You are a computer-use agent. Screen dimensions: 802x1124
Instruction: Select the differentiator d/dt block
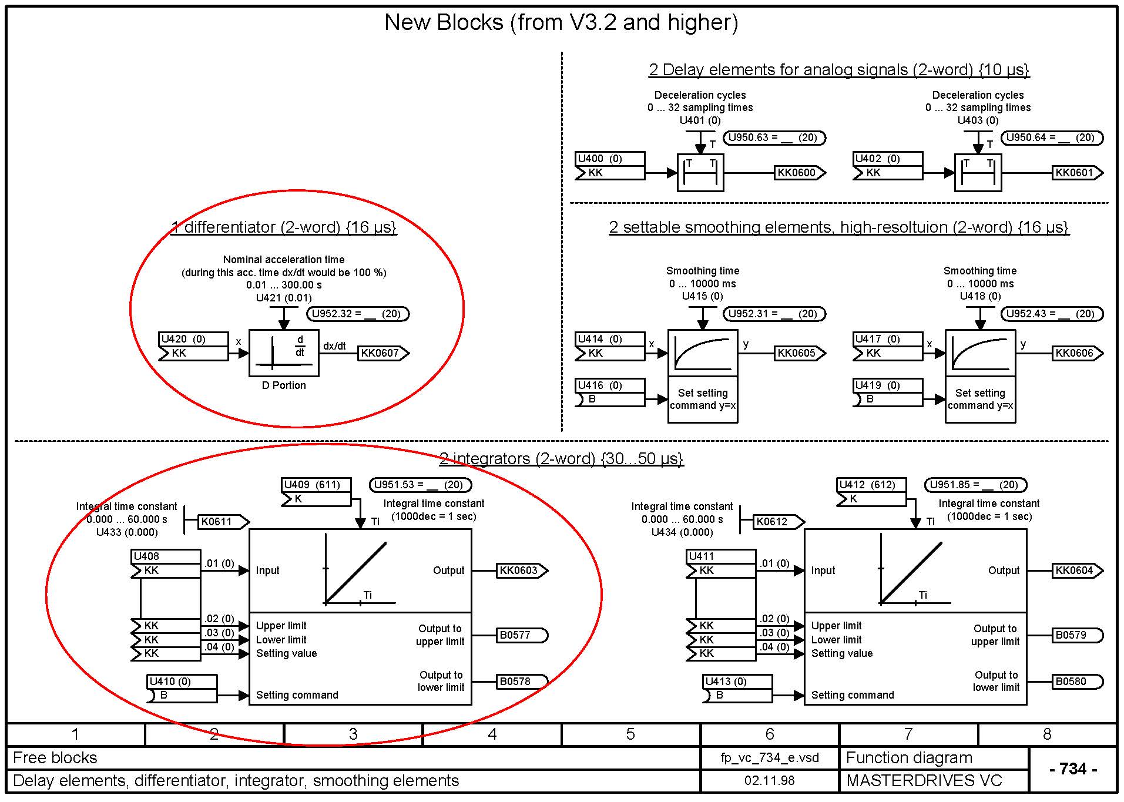coord(284,353)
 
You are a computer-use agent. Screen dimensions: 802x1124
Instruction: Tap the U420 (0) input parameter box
coord(193,346)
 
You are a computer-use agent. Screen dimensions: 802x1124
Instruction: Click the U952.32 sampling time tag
coord(357,314)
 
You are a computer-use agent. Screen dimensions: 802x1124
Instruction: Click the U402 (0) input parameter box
coord(887,166)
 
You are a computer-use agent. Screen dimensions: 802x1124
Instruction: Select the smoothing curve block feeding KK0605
coord(703,353)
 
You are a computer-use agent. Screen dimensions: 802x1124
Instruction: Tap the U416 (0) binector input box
coord(610,392)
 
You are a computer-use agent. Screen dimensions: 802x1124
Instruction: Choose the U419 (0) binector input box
coord(887,392)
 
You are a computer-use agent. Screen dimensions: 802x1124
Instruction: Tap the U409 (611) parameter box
coord(316,492)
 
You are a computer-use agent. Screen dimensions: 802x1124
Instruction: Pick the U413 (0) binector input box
coord(737,689)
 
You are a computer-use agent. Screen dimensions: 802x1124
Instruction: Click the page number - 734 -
coord(1073,769)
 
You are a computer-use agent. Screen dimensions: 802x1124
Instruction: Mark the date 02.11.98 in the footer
coord(769,781)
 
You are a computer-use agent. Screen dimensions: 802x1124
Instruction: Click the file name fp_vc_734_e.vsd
coord(769,758)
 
